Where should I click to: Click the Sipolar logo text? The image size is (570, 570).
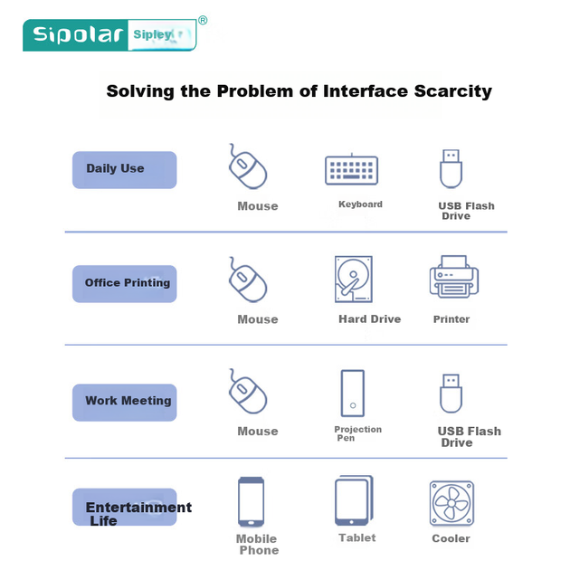coord(78,35)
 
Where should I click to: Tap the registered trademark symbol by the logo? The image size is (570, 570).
coord(203,20)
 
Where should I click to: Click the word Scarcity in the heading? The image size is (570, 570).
coord(452,91)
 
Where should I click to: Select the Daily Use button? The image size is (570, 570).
coord(124,170)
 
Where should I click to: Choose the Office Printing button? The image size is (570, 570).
coord(124,284)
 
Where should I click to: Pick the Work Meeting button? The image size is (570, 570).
coord(124,403)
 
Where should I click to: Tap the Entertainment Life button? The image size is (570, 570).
coord(124,507)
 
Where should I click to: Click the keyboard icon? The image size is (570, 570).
coord(352,169)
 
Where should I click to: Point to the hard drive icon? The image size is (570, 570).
coord(354,280)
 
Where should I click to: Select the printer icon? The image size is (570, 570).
coord(454,277)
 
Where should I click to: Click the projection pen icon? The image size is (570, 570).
coord(353,394)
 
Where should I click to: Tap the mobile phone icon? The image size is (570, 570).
coord(251,501)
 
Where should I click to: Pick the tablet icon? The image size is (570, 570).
coord(354,500)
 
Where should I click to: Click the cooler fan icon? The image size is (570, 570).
coord(451,503)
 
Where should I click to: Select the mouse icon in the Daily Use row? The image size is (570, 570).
coord(248,166)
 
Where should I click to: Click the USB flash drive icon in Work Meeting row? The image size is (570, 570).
coord(451,394)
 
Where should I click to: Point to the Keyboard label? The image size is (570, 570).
coord(360,204)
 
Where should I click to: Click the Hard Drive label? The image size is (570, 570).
coord(370,319)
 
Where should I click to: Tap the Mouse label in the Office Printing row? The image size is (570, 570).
coord(258,319)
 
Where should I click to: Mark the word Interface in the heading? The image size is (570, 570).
coord(365,90)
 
